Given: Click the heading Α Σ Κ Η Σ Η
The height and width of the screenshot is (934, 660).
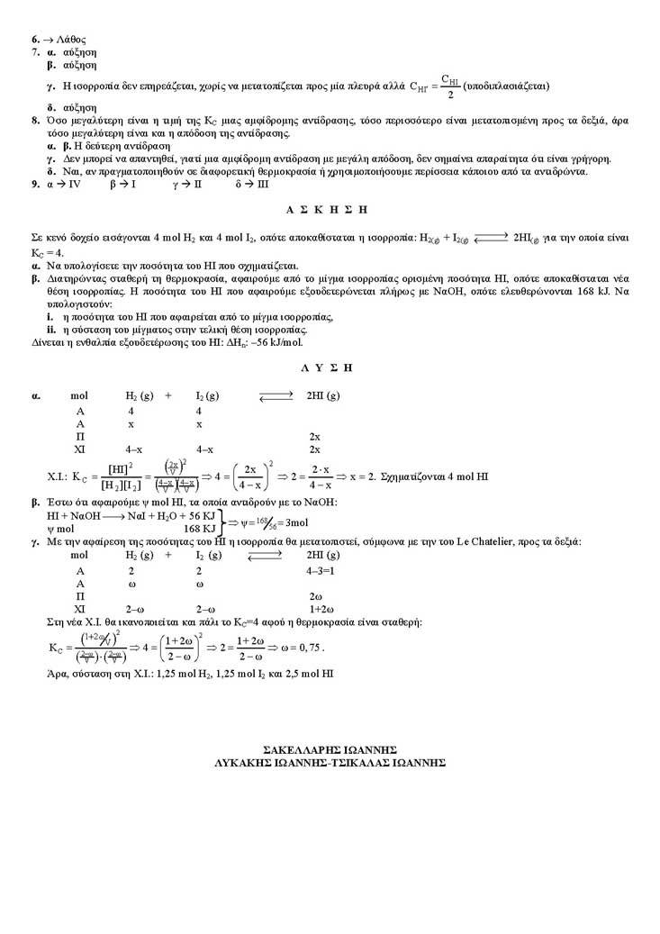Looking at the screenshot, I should (x=328, y=209).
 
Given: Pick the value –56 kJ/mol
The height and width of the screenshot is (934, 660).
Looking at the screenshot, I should (x=276, y=343).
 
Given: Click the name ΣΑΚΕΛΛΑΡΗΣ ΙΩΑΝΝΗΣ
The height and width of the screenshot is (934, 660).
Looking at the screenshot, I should (x=329, y=749).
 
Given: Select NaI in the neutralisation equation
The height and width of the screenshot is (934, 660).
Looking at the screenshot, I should (x=139, y=515).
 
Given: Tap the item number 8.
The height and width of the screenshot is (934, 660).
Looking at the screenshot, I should (x=34, y=120).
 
